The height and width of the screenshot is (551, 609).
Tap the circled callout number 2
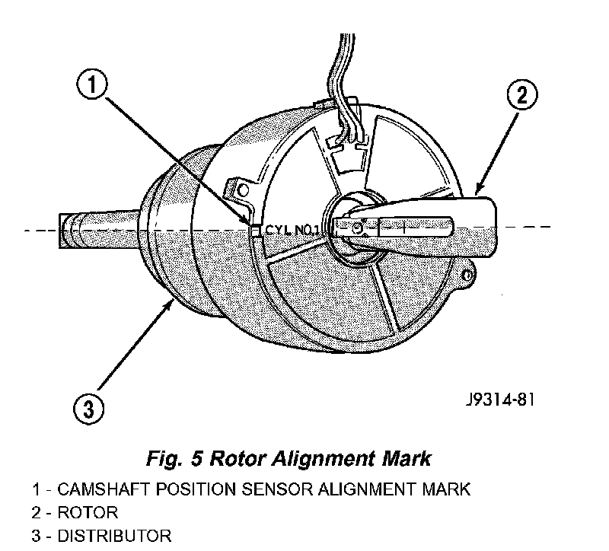click(522, 95)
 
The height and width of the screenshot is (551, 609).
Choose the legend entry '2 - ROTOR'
click(75, 512)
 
